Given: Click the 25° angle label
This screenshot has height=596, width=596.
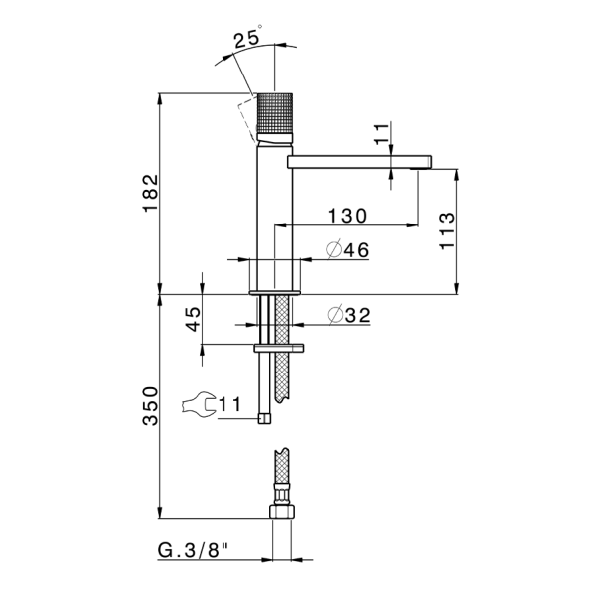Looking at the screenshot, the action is point(247,38).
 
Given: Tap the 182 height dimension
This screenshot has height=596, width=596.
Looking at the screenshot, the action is point(151,193).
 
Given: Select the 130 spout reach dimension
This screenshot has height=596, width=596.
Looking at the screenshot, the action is point(347,216).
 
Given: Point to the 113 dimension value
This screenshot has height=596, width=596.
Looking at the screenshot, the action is point(447,230).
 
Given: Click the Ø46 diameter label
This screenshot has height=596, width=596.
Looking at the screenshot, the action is point(347,249).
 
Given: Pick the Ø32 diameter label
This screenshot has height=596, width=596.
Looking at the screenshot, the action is point(349,315).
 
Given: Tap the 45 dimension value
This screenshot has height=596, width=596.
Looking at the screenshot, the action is point(193,319).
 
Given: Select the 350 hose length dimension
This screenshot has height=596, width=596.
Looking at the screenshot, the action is point(150,406).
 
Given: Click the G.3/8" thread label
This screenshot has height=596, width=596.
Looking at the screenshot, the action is point(194,550).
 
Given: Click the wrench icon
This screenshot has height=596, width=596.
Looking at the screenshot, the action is point(198,405).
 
